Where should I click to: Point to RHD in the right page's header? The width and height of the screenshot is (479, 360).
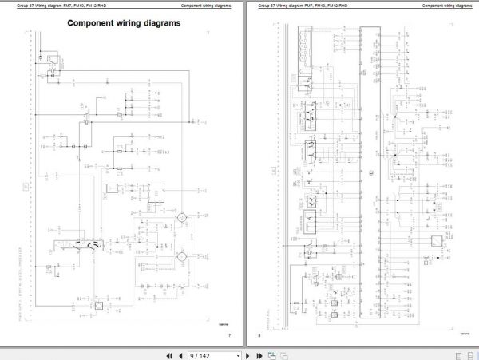point(357,6)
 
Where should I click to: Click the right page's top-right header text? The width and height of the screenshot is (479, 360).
point(443,6)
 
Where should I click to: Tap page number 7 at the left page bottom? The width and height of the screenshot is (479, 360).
point(229,336)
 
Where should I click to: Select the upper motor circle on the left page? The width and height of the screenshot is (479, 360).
point(180,217)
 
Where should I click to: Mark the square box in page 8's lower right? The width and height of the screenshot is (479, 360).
point(436,242)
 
